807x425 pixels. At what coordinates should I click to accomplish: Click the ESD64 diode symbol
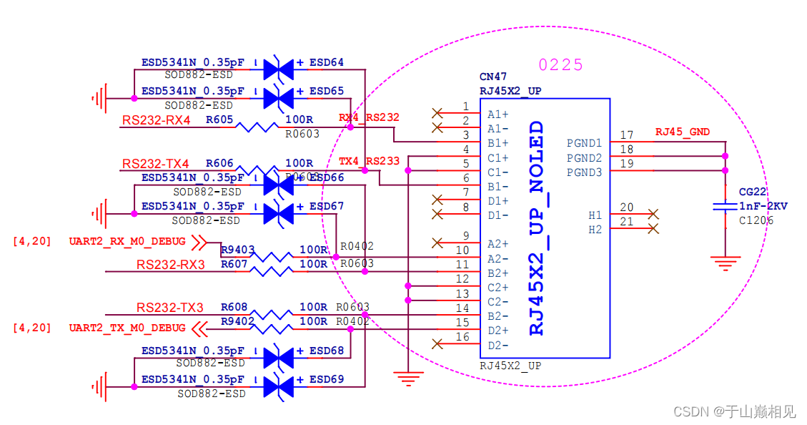(x=278, y=69)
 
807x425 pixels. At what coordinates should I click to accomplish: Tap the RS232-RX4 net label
(x=156, y=120)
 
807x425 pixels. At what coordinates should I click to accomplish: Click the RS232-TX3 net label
(x=170, y=308)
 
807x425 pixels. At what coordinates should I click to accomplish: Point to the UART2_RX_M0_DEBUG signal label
(x=127, y=242)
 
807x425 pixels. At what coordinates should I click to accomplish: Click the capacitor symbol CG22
(x=726, y=207)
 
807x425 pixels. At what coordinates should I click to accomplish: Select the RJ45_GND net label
(x=682, y=132)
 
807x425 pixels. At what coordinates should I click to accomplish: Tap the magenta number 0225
(x=560, y=65)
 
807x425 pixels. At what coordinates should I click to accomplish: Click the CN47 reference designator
(x=493, y=77)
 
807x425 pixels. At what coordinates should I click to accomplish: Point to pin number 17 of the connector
(x=627, y=135)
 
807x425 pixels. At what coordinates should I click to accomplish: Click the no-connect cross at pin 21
(x=652, y=229)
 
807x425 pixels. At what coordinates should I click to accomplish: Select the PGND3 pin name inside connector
(x=584, y=172)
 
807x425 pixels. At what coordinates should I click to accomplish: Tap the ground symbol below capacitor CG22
(x=726, y=263)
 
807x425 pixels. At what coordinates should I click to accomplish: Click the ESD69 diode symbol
(x=278, y=386)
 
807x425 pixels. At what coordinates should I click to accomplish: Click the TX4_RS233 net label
(x=369, y=161)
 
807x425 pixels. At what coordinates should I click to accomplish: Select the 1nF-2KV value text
(x=763, y=206)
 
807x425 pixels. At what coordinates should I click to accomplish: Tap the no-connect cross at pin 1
(x=437, y=113)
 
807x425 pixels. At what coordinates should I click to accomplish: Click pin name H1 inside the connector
(x=595, y=215)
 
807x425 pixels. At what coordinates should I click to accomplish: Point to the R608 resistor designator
(x=234, y=308)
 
